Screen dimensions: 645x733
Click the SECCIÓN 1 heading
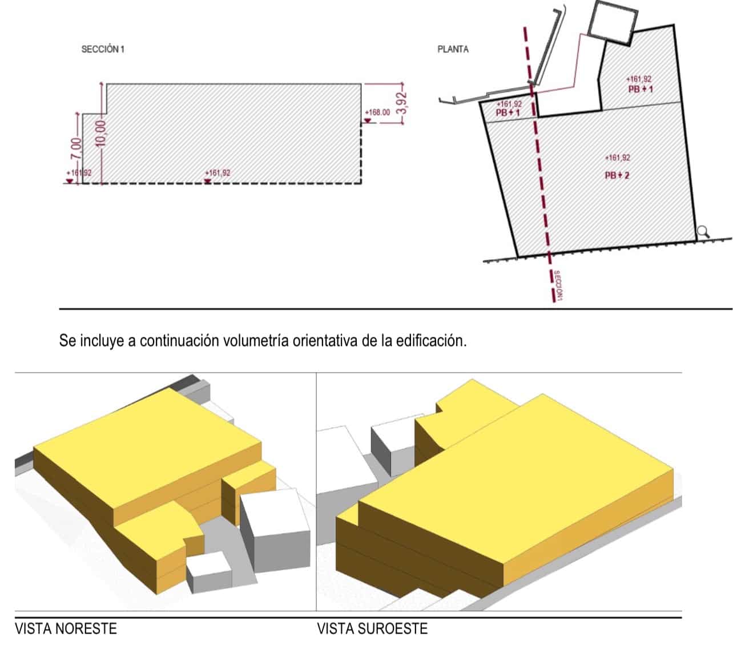pos(103,49)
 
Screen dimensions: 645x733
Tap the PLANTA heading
pos(453,49)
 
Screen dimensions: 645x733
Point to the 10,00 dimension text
pos(101,134)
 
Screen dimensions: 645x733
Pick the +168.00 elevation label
pos(377,112)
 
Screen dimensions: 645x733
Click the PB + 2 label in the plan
pos(617,175)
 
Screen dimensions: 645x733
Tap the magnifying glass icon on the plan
pos(703,231)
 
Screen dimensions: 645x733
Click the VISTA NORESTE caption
pos(66,629)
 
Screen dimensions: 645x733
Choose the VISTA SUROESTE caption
pos(372,629)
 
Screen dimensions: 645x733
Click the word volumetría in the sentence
pos(256,341)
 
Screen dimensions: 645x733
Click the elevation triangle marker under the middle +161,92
pos(208,181)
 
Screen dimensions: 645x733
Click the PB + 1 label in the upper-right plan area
pos(640,89)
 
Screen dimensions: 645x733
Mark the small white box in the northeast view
pos(210,571)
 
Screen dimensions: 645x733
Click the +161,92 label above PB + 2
pos(617,158)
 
